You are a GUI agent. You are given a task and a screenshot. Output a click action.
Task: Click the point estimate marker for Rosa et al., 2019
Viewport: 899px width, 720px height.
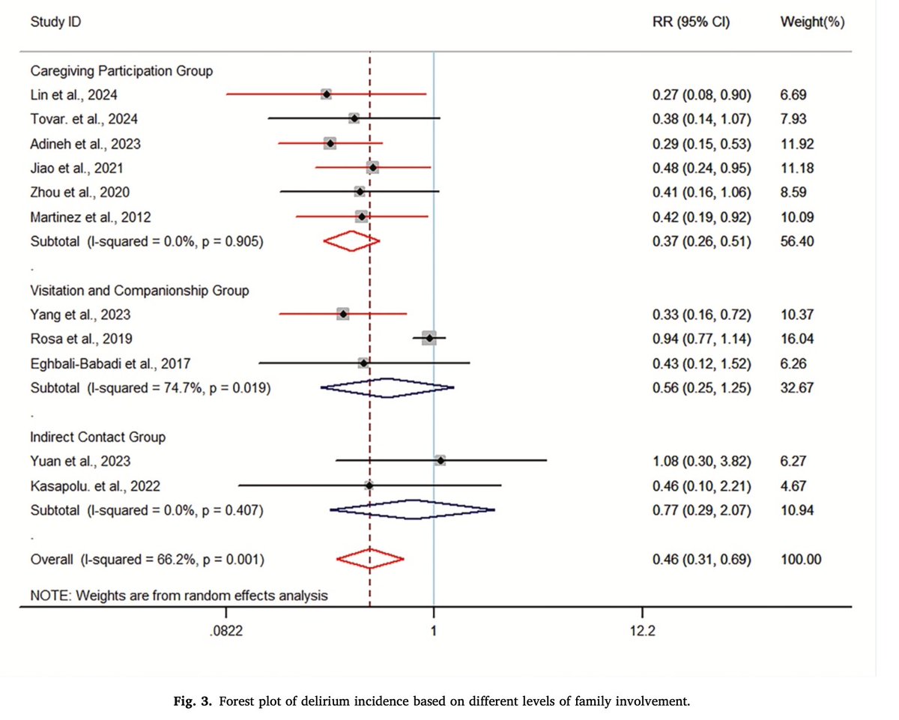coord(429,339)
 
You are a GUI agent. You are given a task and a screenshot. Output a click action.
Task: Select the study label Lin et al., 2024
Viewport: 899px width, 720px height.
coord(73,94)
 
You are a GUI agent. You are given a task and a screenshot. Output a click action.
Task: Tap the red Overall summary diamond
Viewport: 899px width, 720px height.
coord(370,559)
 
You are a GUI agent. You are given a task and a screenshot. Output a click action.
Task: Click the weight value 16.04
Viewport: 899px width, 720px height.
coord(796,339)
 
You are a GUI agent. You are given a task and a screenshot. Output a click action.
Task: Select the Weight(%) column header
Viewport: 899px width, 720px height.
coord(812,22)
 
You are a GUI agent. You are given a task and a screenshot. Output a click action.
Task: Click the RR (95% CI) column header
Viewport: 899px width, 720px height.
coord(691,22)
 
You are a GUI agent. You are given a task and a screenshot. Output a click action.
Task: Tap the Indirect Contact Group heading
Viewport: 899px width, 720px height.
coord(97,436)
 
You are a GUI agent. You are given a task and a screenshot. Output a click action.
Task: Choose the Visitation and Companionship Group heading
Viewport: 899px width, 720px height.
coord(139,290)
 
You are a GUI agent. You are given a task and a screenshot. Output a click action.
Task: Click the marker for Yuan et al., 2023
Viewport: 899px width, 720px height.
coord(440,461)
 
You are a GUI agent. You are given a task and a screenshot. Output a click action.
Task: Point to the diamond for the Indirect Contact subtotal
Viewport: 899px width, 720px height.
coord(412,510)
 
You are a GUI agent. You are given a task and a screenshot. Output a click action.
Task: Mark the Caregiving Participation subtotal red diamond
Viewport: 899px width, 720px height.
coord(351,241)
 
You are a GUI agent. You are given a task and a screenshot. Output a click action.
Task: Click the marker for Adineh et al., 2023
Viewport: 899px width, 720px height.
coord(330,143)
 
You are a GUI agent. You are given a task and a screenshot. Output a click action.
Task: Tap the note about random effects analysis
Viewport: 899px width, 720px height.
coord(178,596)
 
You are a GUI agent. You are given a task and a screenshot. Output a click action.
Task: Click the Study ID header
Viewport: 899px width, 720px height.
coord(55,22)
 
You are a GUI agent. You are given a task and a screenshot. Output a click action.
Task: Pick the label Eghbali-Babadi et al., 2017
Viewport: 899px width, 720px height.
coord(110,363)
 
